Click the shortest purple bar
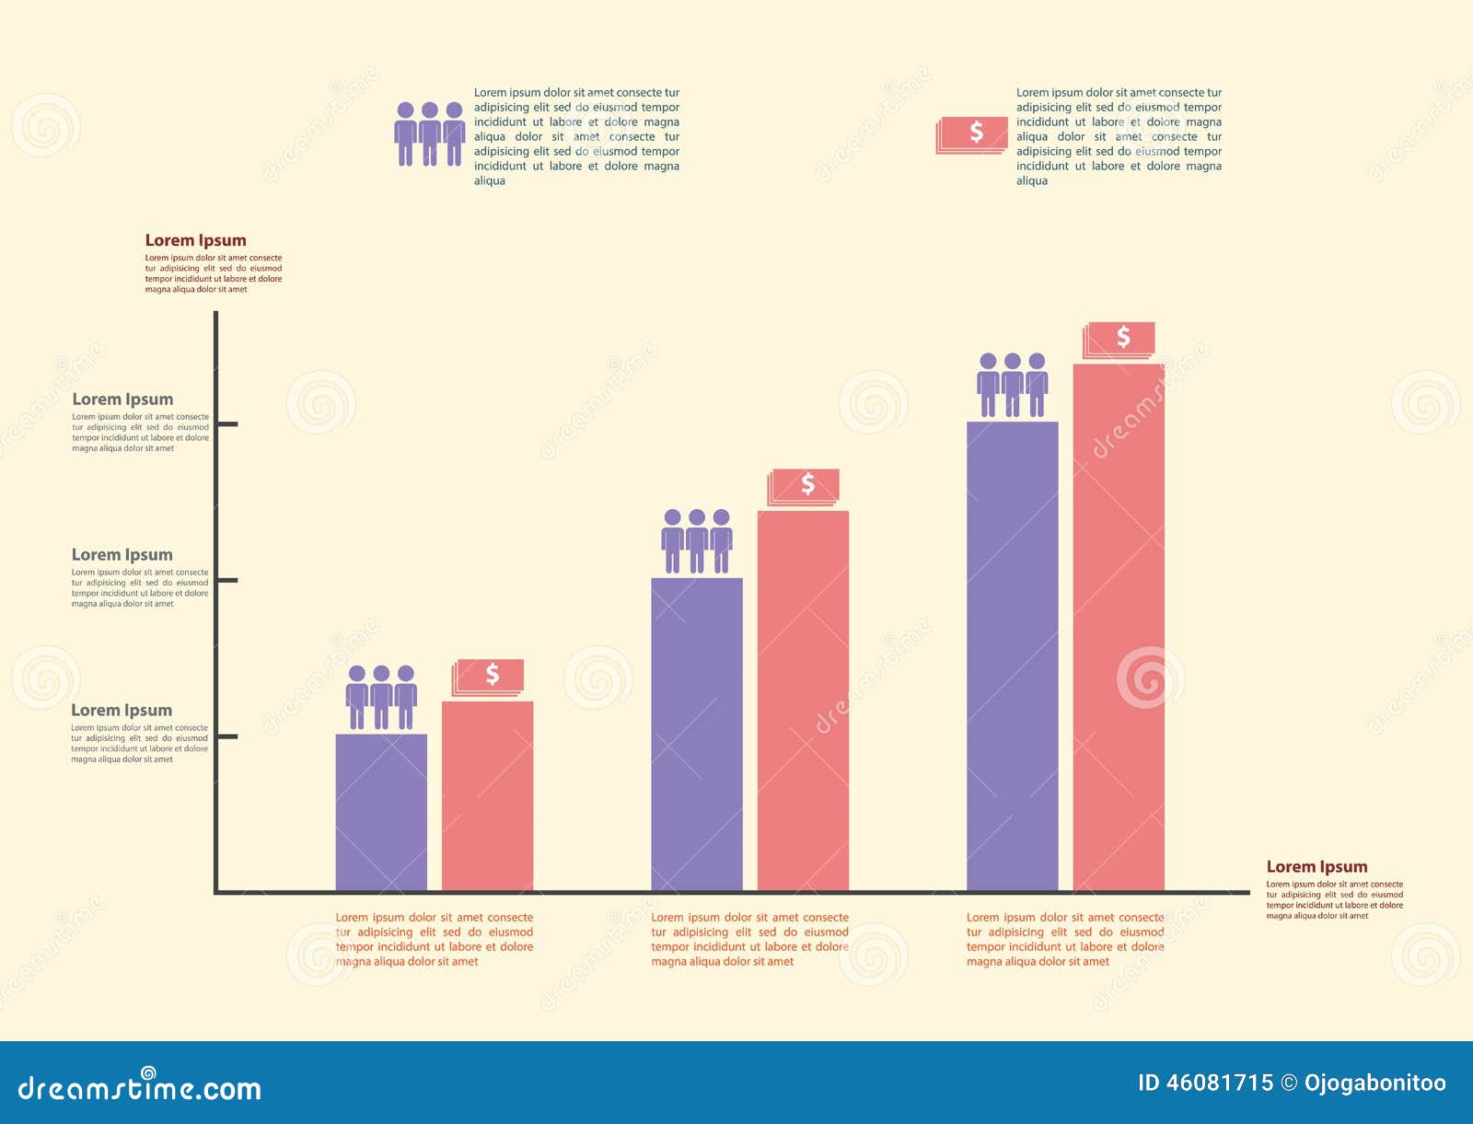pos(381,812)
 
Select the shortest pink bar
pos(487,795)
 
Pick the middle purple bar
pos(697,734)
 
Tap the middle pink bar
pos(803,701)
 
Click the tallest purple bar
pos(1012,655)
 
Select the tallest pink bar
pos(1119,627)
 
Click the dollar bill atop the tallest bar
pos(1120,339)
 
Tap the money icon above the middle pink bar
pos(805,485)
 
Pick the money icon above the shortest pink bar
pos(489,677)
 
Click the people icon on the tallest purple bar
pos(1012,386)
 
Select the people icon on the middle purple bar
pos(697,542)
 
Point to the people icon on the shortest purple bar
pos(381,698)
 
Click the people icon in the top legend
pos(429,134)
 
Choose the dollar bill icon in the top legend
pos(973,134)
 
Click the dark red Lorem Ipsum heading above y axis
pos(195,240)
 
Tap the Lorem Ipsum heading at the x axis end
pos(1316,866)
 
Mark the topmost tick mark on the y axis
pos(226,423)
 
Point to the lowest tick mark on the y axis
pos(226,736)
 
